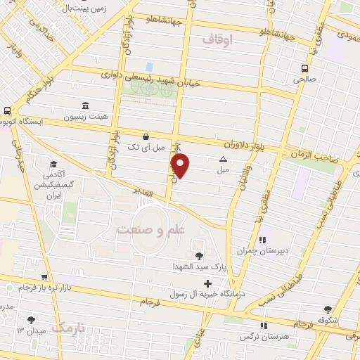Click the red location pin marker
(x=181, y=166)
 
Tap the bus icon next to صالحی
(x=304, y=68)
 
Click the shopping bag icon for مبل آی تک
(x=146, y=136)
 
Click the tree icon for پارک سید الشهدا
(x=199, y=256)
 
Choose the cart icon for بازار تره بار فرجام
(x=44, y=278)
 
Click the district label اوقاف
(x=217, y=40)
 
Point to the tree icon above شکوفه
(x=328, y=309)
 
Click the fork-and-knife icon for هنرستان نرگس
(x=264, y=326)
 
